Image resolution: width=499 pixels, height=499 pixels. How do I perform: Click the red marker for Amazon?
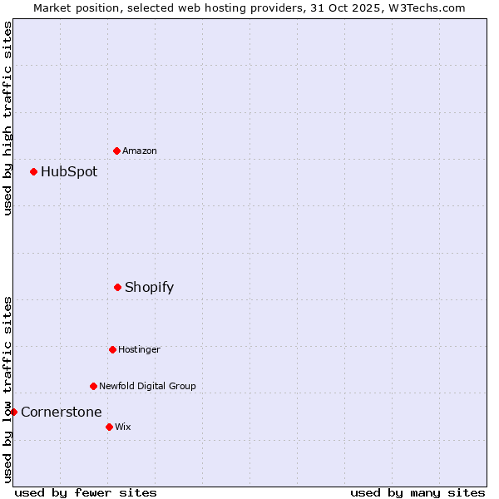116,151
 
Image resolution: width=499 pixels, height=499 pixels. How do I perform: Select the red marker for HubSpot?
33,171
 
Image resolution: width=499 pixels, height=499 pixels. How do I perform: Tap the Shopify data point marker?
117,287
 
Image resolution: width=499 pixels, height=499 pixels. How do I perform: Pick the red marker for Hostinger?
112,349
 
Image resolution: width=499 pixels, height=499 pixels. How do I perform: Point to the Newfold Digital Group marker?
93,386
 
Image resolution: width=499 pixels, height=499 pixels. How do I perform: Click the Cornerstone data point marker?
13,412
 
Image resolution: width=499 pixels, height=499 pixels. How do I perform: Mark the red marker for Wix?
109,427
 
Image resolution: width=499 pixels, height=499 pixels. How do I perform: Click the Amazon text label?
140,151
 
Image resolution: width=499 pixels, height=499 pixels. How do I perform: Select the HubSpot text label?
69,172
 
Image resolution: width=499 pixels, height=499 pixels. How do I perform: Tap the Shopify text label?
150,288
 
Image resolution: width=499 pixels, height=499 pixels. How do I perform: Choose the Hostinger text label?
139,349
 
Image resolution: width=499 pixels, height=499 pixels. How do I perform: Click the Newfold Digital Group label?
147,386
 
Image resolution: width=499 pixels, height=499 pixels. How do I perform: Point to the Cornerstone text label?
62,413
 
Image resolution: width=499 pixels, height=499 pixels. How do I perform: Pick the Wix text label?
123,427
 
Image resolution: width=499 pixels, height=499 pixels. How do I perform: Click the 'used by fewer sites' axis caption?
86,493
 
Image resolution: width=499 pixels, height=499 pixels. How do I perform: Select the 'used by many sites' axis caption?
417,493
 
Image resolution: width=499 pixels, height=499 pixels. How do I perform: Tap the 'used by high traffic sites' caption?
7,118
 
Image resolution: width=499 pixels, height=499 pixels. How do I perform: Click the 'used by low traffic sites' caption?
7,388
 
